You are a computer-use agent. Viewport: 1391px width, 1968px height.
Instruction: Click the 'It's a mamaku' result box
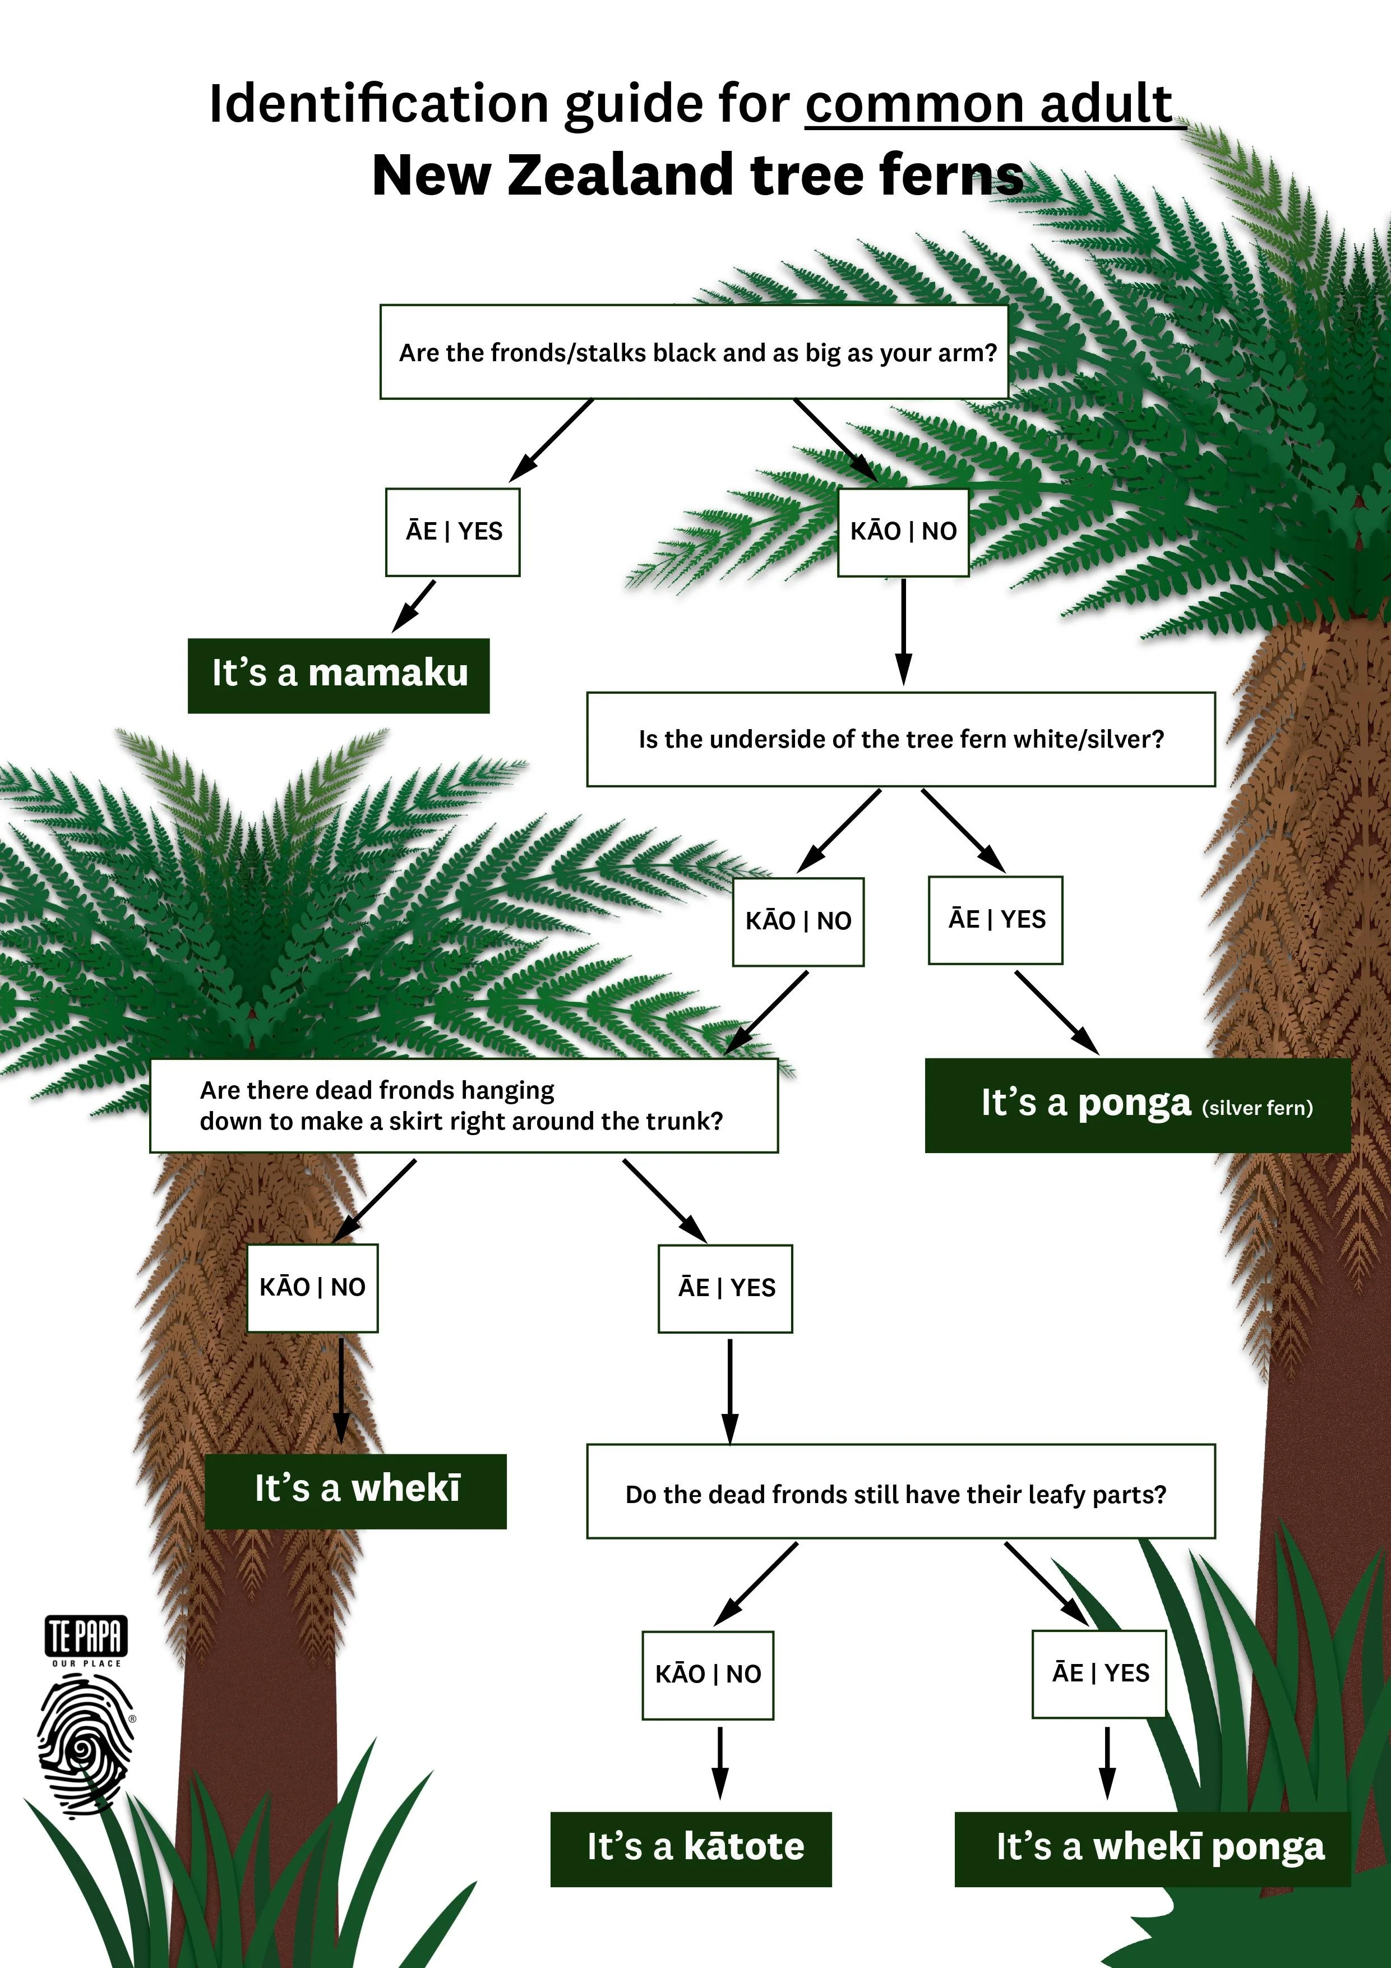coord(339,675)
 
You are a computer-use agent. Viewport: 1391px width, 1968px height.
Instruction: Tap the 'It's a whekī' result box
coord(355,1491)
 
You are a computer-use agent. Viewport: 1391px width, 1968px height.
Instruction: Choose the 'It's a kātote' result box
coord(691,1849)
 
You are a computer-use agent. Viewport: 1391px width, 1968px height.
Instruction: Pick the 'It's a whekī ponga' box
coord(1152,1849)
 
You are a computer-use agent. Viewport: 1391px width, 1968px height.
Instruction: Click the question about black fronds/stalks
coord(694,352)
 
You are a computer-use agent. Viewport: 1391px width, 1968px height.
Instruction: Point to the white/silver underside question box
coord(901,739)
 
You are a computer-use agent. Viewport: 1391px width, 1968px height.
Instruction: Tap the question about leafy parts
coord(901,1494)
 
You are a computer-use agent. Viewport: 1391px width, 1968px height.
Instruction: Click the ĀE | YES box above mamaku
coord(452,532)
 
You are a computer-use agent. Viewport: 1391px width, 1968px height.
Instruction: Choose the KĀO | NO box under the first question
coord(903,532)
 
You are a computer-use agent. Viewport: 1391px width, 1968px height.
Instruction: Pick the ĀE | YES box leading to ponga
coord(996,920)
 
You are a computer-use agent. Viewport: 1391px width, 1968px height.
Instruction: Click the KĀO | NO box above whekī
coord(312,1288)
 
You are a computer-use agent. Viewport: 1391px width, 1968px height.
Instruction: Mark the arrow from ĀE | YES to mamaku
coord(414,606)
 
